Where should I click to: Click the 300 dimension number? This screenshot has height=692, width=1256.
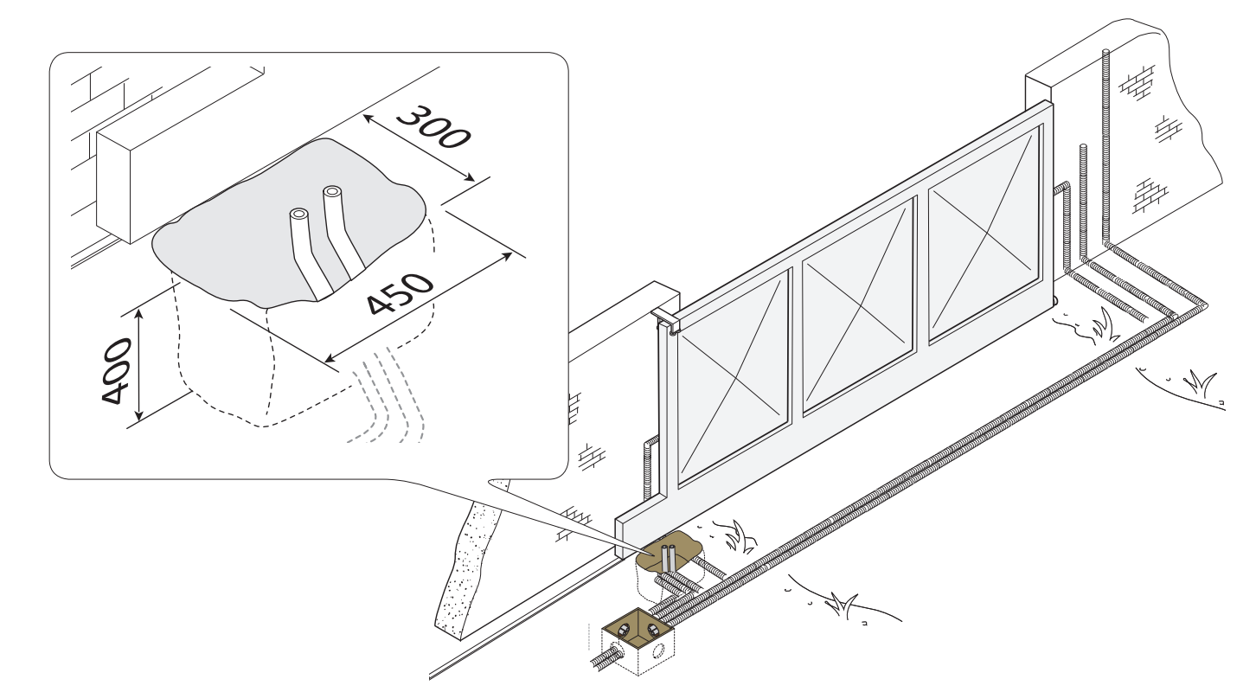[433, 127]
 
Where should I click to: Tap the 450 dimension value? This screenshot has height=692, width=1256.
[400, 293]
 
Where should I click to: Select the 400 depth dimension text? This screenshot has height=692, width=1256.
[117, 370]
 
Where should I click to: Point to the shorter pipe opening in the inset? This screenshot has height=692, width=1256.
[298, 215]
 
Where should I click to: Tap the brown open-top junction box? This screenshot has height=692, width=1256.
[638, 640]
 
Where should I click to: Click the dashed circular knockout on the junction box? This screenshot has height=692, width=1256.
[658, 651]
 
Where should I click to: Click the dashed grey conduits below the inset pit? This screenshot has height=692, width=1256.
[387, 395]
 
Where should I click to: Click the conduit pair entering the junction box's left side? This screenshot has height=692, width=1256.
[606, 657]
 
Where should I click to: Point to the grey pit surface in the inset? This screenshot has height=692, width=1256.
[289, 224]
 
